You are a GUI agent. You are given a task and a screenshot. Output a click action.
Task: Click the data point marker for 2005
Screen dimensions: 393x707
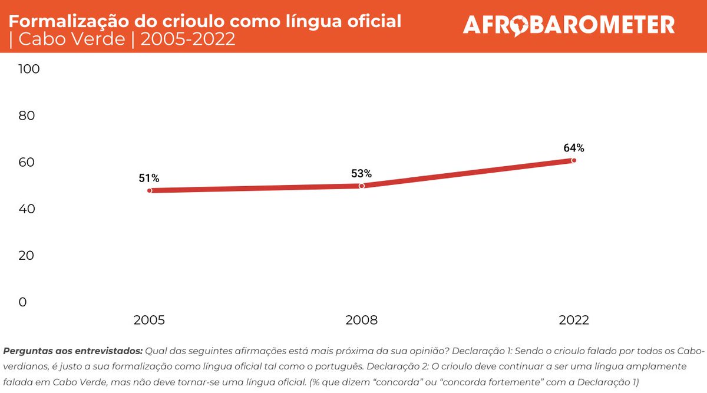coord(150,190)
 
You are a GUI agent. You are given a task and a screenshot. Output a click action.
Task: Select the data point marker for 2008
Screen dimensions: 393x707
coord(362,186)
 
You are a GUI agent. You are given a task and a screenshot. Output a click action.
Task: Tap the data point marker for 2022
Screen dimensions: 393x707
coord(574,160)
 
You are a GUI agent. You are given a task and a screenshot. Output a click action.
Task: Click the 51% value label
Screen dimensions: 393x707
coord(149,178)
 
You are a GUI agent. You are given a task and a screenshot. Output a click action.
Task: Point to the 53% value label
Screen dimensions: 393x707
coord(361,173)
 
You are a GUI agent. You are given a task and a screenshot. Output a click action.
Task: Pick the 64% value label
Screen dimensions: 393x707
coord(573,148)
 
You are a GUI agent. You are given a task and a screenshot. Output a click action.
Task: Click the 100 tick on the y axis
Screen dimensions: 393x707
coord(29,69)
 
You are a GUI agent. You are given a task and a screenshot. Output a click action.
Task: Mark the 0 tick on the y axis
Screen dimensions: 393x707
coord(22,302)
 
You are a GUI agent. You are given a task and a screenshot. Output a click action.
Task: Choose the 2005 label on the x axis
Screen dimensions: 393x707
coord(150,321)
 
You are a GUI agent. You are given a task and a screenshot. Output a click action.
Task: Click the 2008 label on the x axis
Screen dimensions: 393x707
coord(362,321)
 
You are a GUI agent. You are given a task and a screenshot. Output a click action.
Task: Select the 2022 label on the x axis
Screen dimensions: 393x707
coord(574,321)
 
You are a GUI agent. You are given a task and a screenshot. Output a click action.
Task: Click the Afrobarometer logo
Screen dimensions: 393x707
coord(569,25)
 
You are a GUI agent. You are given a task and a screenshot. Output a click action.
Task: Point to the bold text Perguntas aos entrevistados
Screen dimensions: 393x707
coord(72,351)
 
